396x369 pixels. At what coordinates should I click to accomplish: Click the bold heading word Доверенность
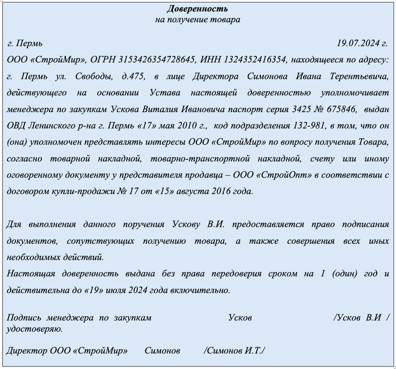click(x=198, y=9)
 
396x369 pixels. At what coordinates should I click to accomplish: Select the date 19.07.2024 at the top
click(x=360, y=43)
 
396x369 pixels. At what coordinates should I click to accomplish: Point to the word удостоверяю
click(x=34, y=328)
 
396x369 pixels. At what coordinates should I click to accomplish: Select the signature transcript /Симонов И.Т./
click(x=234, y=351)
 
